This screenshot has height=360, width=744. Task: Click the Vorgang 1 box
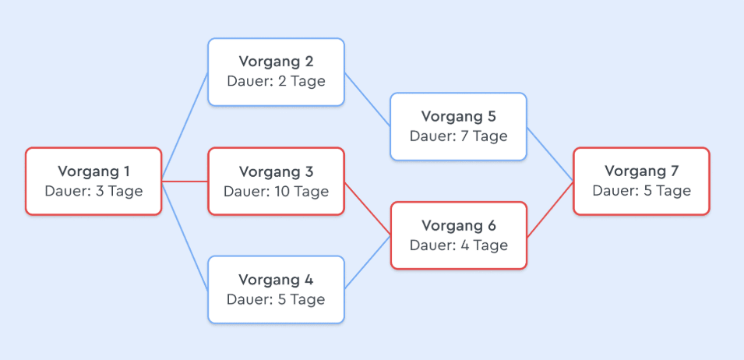(x=93, y=182)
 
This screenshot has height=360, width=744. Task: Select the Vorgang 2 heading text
(x=276, y=62)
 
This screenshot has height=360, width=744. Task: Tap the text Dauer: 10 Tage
(x=276, y=191)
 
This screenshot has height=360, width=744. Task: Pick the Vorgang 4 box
(x=276, y=290)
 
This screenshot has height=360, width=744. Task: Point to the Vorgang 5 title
(x=459, y=116)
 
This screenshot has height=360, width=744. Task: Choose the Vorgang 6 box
(x=459, y=236)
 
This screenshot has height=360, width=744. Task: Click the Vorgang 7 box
(x=641, y=182)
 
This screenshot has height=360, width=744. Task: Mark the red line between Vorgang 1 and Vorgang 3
(x=185, y=182)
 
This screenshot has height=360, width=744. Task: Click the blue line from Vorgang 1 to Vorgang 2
(x=185, y=127)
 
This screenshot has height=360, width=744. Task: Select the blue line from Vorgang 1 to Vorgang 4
(x=185, y=236)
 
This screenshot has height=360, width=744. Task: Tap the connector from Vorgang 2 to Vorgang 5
(x=368, y=100)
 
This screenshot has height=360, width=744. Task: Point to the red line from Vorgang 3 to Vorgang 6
(x=368, y=209)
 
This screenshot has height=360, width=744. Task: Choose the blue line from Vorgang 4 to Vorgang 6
(x=368, y=263)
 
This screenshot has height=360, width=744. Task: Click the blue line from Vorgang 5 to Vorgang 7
(x=551, y=154)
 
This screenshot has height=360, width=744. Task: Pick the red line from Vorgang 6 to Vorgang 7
(x=551, y=209)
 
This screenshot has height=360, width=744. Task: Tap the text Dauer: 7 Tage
(x=459, y=136)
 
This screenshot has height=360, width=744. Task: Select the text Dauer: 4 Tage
(x=459, y=245)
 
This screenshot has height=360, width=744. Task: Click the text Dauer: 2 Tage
(x=276, y=81)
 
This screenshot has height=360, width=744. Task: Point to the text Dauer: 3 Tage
(x=93, y=191)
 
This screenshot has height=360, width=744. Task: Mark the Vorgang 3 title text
(x=276, y=171)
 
